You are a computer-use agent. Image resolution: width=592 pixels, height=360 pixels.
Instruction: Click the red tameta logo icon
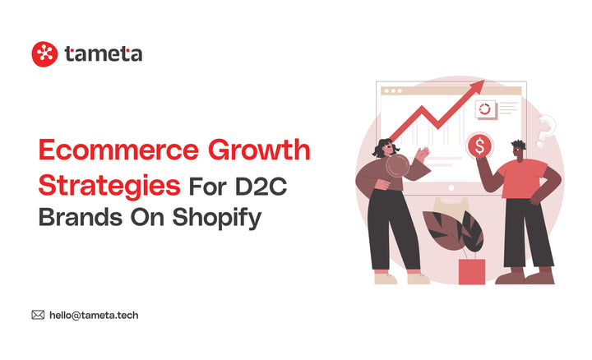(45, 54)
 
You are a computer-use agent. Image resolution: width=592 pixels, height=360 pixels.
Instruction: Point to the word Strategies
(109, 184)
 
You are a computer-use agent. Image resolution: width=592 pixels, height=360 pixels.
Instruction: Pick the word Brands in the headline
(76, 217)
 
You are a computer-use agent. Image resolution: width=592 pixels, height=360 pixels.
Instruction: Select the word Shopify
(222, 217)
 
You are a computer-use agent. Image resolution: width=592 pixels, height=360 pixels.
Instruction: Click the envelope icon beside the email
(38, 314)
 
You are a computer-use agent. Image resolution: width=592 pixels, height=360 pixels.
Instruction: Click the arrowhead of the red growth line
(479, 85)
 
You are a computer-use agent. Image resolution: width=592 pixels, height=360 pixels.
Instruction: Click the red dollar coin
(479, 145)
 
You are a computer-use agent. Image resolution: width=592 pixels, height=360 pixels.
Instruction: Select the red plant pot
(471, 271)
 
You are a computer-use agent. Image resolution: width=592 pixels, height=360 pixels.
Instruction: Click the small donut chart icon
(484, 108)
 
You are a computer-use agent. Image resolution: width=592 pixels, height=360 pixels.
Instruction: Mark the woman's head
(384, 148)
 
